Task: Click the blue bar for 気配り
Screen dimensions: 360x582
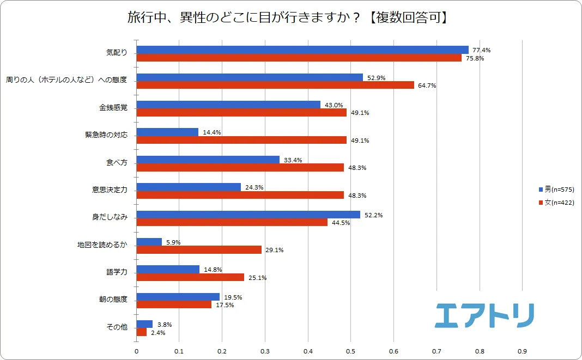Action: pos(302,50)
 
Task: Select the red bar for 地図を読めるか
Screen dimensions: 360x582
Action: pos(198,249)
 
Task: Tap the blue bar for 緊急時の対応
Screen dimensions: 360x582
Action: pos(167,132)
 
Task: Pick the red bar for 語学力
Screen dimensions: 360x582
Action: pos(190,277)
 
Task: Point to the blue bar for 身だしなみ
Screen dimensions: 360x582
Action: pos(248,215)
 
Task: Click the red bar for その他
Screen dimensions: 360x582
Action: pos(141,332)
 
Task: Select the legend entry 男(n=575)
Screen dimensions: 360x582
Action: pos(556,190)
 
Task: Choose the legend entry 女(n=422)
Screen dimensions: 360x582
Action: pos(556,203)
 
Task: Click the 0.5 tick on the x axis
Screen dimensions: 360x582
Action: pos(350,351)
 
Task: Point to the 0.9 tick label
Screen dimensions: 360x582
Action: pos(522,351)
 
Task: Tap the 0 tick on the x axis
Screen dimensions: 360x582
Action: pos(136,351)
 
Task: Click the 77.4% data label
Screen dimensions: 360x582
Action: pos(482,50)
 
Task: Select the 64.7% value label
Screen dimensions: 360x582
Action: pos(427,86)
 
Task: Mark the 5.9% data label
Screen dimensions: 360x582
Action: pos(174,242)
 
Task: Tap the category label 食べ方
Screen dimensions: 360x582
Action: pos(117,162)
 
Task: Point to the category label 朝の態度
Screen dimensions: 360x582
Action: pos(113,300)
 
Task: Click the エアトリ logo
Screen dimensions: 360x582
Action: pos(484,315)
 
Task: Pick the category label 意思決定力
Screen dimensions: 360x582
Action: pos(110,190)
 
